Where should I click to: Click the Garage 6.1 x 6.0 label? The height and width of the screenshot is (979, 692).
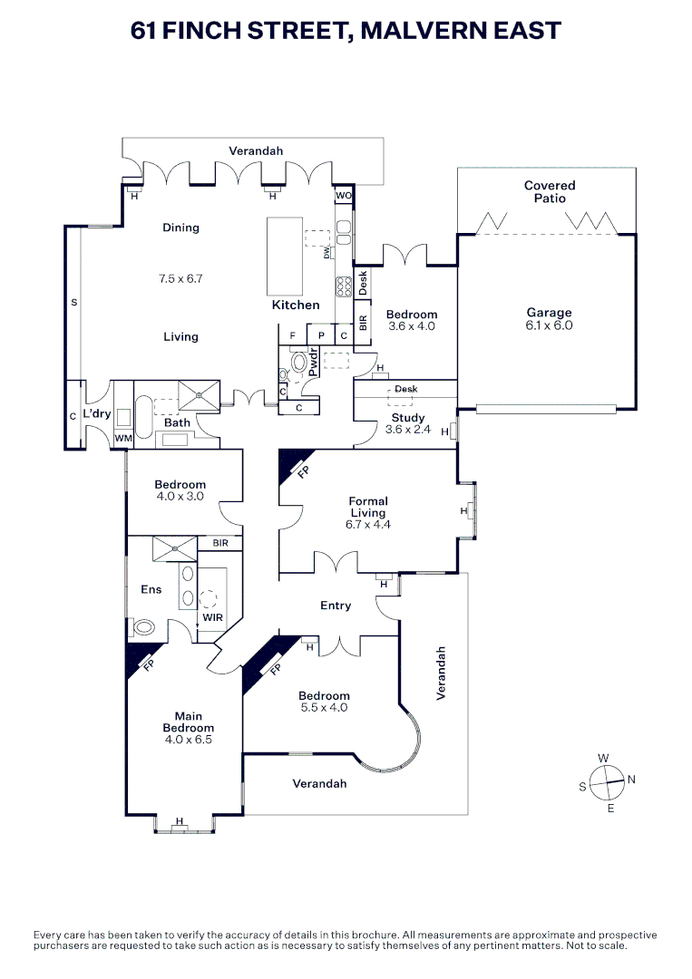549,319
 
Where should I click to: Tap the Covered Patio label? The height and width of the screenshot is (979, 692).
549,191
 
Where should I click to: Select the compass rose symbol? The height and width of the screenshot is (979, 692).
607,780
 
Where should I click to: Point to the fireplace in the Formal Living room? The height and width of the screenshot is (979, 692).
293,464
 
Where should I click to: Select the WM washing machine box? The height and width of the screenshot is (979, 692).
122,439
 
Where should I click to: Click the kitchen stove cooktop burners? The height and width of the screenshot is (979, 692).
344,286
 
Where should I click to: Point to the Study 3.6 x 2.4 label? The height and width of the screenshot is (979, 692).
407,423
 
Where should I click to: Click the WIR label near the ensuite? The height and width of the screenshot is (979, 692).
212,617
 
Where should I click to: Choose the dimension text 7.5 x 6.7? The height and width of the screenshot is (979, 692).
180,279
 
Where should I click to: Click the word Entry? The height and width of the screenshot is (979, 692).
336,606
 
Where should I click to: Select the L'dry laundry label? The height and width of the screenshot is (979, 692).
96,413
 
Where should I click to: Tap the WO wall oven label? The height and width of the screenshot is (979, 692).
343,196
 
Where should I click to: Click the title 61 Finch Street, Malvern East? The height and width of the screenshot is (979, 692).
346,31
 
